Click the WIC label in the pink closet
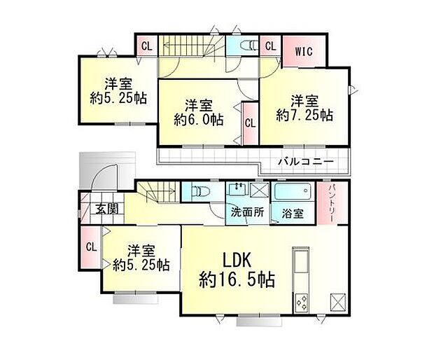coord(304,50)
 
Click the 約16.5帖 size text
coord(235,279)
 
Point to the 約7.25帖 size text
coord(304,115)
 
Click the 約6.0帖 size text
coord(199,120)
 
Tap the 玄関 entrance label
coord(106,208)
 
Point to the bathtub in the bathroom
coord(293,192)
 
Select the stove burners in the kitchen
coord(304,302)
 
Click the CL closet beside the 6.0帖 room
coord(250,123)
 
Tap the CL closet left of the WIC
coord(271,48)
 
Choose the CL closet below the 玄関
coord(90,247)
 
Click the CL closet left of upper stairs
coord(146,48)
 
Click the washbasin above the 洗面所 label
coord(238,191)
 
